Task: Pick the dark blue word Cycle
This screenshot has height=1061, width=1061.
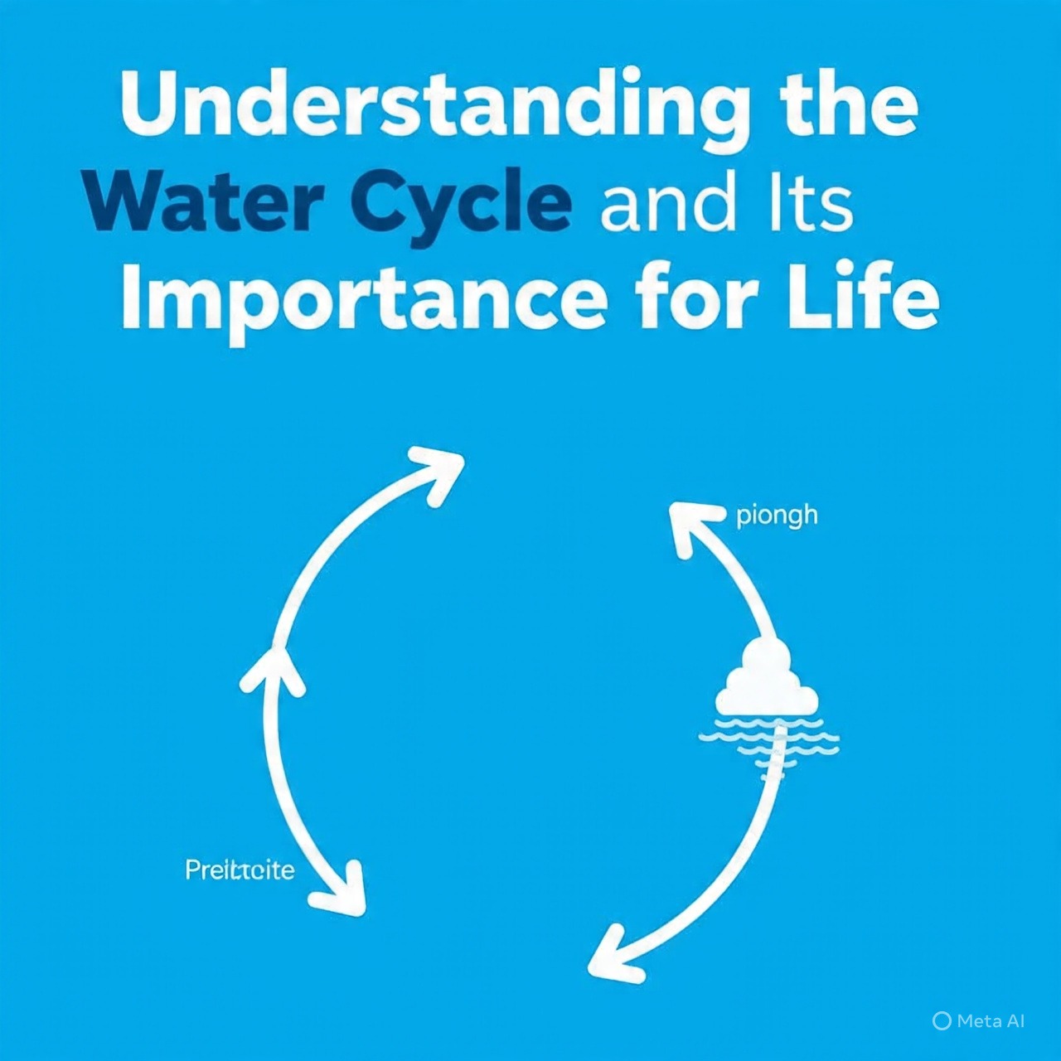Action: click(461, 206)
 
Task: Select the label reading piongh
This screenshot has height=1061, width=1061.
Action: click(777, 516)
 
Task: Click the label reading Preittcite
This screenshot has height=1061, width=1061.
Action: click(240, 870)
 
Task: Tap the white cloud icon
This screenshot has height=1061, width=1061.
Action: click(766, 681)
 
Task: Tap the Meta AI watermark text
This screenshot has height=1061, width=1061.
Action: click(991, 1021)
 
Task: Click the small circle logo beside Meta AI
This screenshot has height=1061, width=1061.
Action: click(941, 1021)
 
